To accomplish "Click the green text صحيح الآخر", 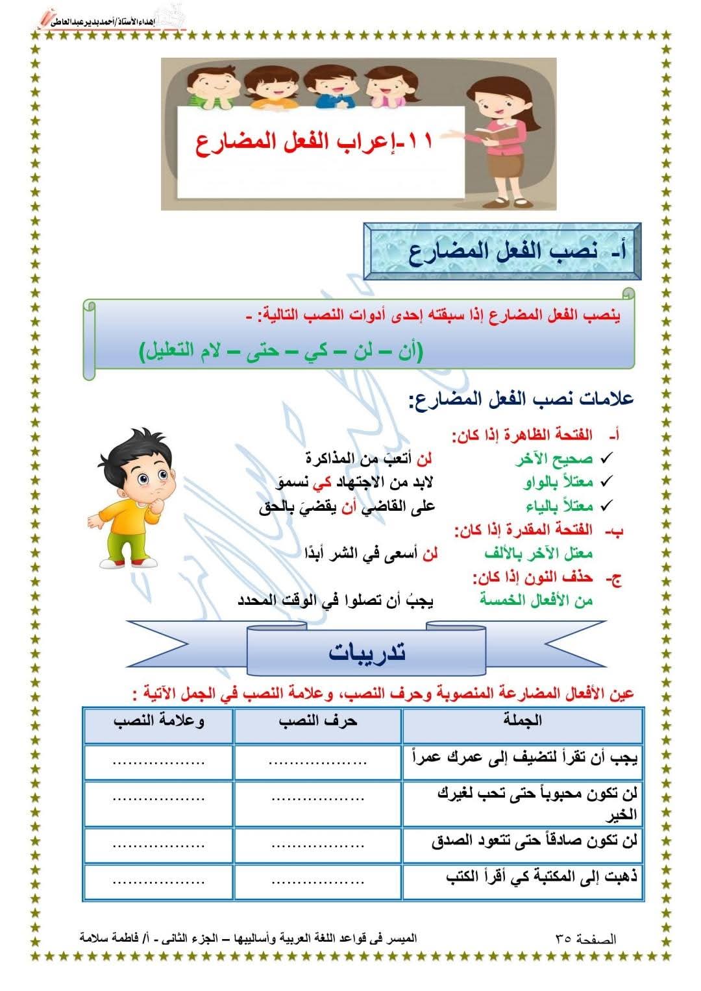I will pyautogui.click(x=554, y=459).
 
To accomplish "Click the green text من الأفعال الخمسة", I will pyautogui.click(x=536, y=600).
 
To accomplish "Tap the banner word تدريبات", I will pyautogui.click(x=367, y=652).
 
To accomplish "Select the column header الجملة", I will pyautogui.click(x=523, y=720).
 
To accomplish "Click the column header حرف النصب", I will pyautogui.click(x=318, y=721).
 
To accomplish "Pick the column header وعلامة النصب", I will pyautogui.click(x=159, y=721).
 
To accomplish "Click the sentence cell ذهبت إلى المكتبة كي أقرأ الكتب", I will pyautogui.click(x=542, y=877).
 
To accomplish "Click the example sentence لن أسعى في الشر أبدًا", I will pyautogui.click(x=371, y=553).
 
